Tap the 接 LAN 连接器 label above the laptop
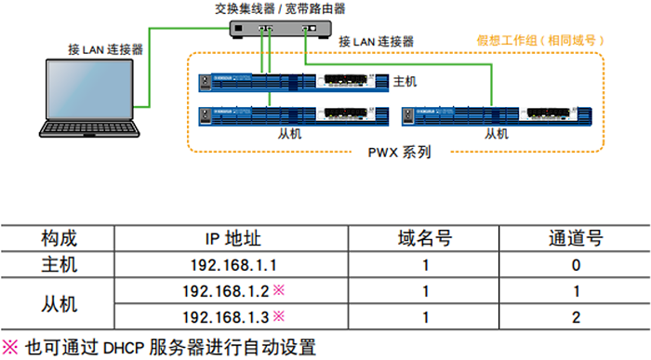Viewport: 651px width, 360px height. (106, 48)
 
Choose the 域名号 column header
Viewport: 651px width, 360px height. (424, 239)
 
